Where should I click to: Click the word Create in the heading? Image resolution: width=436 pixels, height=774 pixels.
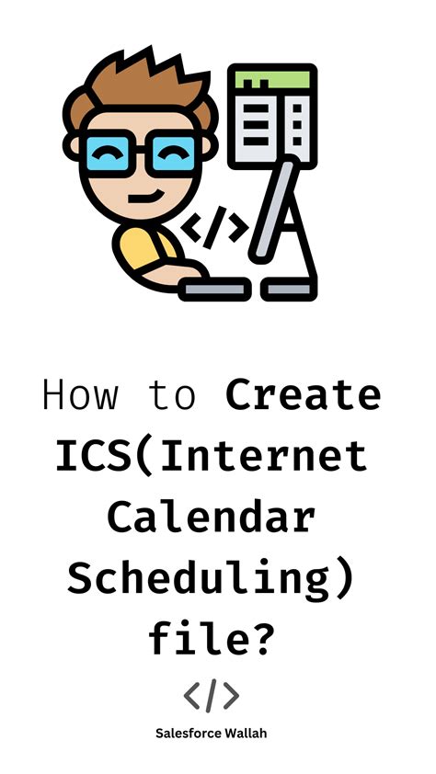click(304, 396)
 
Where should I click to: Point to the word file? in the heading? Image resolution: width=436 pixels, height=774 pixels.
click(218, 638)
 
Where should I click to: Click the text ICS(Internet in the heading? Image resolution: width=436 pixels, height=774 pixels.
click(218, 457)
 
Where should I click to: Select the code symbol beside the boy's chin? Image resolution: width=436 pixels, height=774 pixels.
click(213, 227)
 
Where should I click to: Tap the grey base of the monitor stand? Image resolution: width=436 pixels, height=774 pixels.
click(293, 289)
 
